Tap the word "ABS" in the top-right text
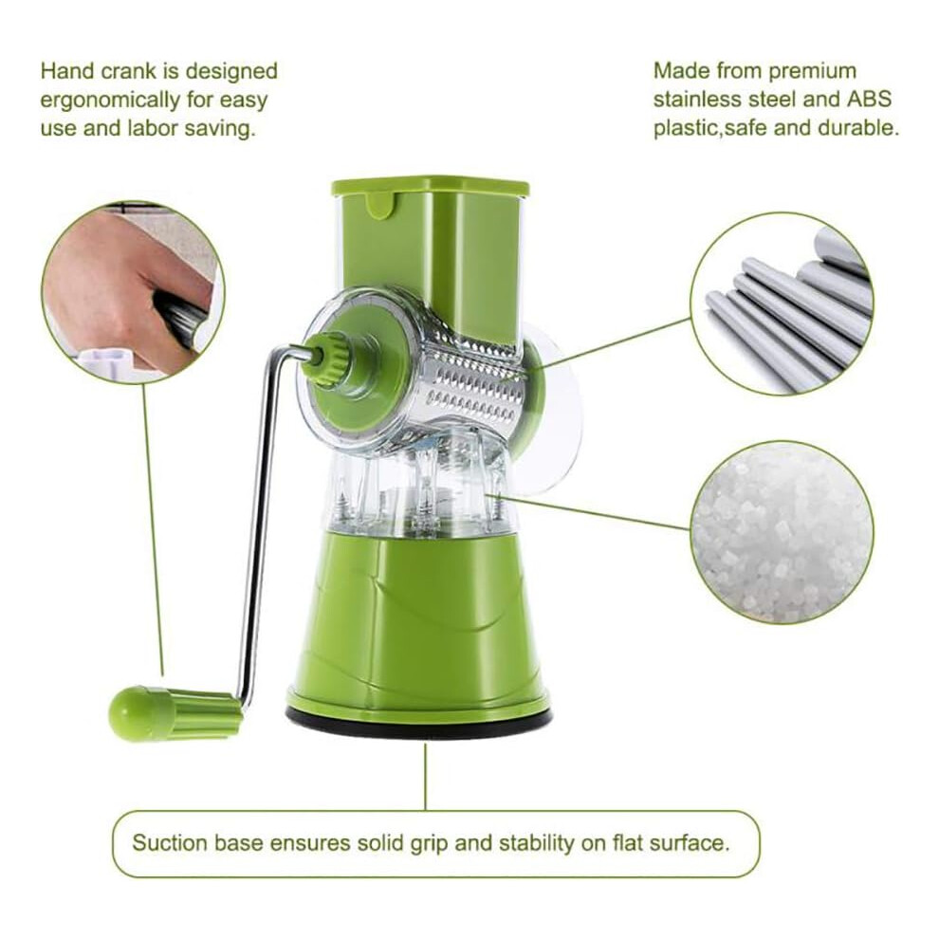click(869, 99)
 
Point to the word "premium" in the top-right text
click(813, 72)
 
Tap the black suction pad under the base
click(419, 723)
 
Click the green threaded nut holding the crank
click(325, 360)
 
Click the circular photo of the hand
click(133, 293)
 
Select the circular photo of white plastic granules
click(782, 532)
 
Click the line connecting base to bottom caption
click(425, 776)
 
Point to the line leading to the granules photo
click(589, 511)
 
